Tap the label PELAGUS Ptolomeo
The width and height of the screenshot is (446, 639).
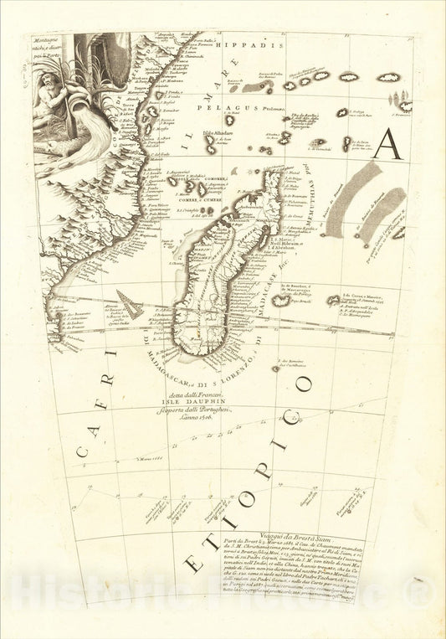(x=231, y=109)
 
